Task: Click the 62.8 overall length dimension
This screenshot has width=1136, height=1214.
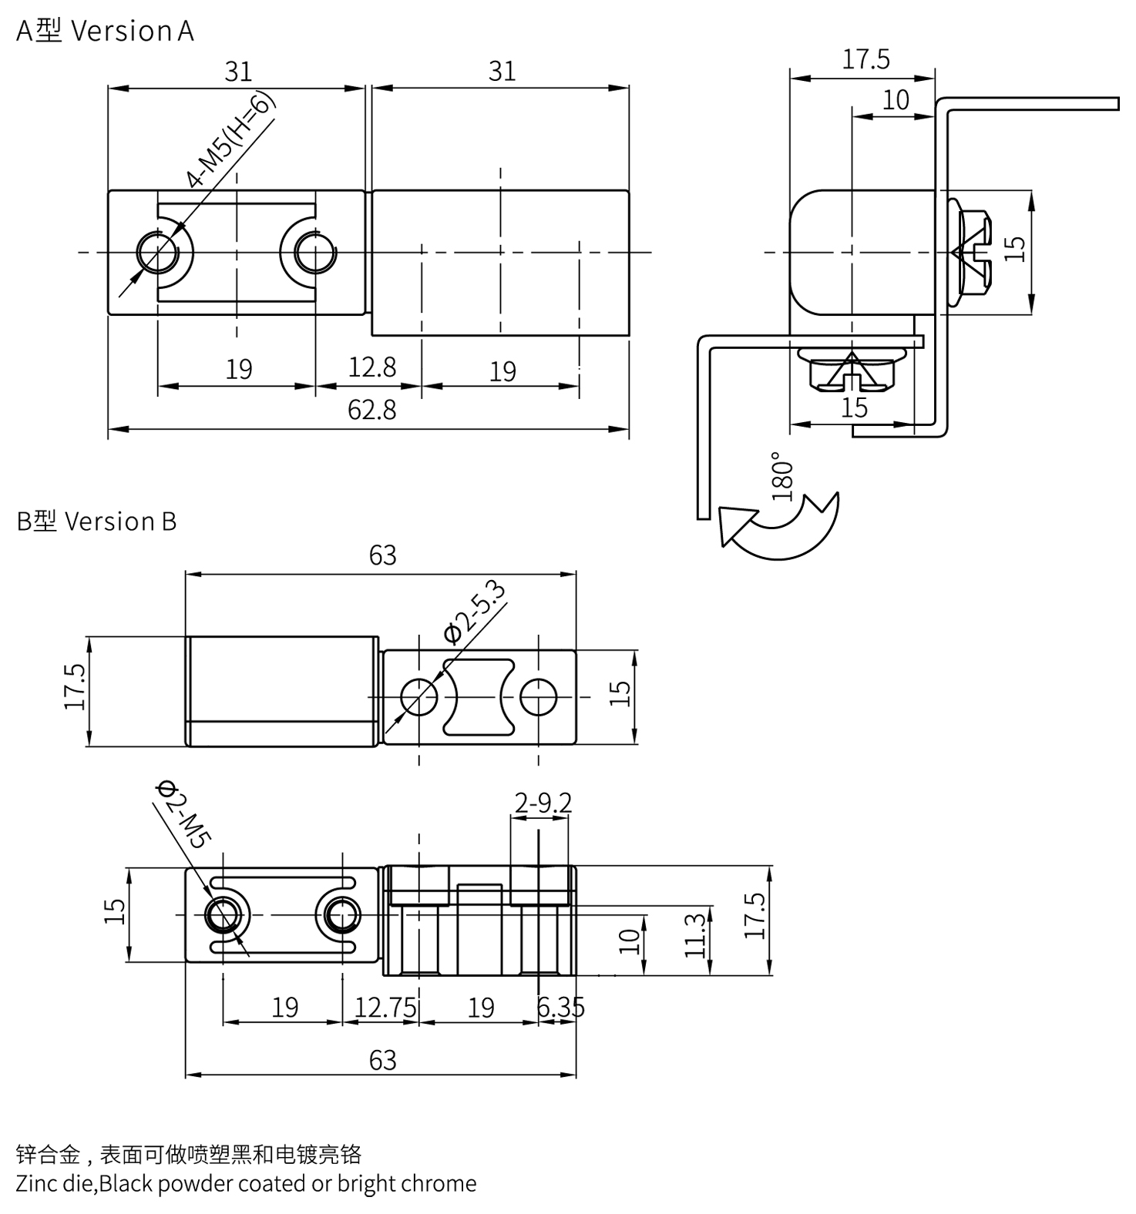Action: click(x=371, y=409)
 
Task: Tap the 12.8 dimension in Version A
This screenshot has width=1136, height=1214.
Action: click(x=371, y=367)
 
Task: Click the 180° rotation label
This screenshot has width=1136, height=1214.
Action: click(x=781, y=477)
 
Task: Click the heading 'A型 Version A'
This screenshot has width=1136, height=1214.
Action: click(x=105, y=31)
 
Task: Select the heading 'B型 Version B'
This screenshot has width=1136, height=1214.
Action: click(x=96, y=521)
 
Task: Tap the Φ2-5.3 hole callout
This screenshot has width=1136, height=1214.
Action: click(x=475, y=613)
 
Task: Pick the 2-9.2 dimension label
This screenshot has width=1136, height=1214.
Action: click(x=543, y=803)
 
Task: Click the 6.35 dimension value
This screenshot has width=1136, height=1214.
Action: click(x=560, y=1007)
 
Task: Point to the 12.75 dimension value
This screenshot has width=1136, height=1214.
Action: click(x=385, y=1007)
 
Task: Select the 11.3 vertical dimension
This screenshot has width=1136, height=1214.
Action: click(x=694, y=934)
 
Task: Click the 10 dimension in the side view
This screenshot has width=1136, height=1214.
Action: click(x=896, y=100)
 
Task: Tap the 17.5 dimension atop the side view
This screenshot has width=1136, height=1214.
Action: click(x=865, y=59)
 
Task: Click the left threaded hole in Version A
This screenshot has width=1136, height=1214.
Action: click(x=158, y=251)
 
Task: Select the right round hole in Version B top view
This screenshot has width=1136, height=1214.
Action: click(x=539, y=697)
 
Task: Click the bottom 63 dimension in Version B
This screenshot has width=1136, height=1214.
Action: click(x=382, y=1061)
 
